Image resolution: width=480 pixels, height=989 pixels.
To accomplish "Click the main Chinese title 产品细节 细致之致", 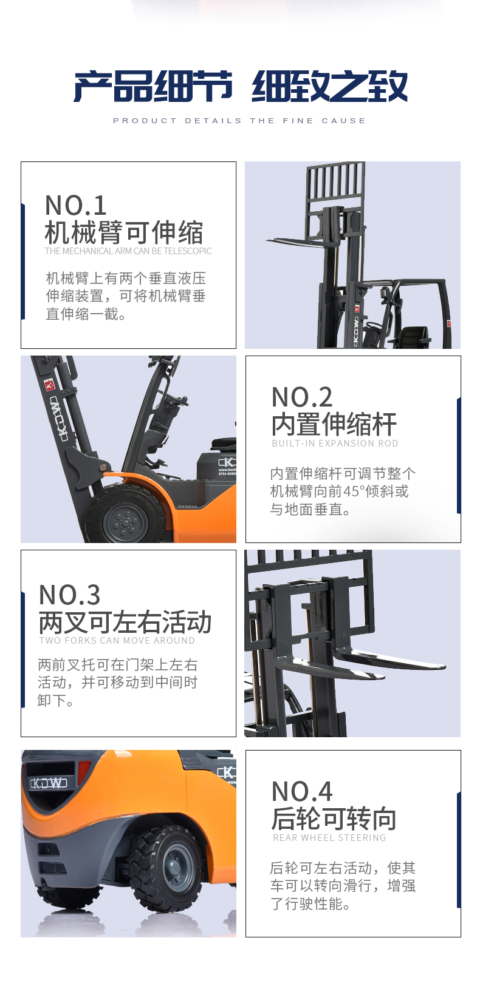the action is [x=241, y=86].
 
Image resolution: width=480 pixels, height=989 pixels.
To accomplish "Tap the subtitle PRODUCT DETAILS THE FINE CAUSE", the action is [x=239, y=121].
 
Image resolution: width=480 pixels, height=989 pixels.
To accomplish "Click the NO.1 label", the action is [x=75, y=205].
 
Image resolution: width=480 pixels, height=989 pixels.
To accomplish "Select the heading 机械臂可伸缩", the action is [x=124, y=232].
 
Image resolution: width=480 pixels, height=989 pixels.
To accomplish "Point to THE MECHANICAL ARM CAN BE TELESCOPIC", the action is [x=128, y=251].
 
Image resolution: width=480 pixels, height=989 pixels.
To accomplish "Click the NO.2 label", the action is [x=302, y=397].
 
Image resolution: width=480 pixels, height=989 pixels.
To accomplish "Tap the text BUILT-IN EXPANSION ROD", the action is [x=335, y=444].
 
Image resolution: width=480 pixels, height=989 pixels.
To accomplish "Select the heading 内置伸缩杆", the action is [x=334, y=424].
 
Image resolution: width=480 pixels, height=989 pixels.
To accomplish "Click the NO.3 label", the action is [x=69, y=595].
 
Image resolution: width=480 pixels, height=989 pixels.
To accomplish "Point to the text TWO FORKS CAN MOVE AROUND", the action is [x=117, y=641].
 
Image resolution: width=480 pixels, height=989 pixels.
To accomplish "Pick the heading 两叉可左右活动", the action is [x=125, y=622].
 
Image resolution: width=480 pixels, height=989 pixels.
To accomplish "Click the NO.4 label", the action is [x=302, y=791].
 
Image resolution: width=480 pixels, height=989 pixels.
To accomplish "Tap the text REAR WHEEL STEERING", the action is [x=329, y=837].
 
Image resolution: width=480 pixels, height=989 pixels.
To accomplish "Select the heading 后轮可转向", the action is [x=334, y=818].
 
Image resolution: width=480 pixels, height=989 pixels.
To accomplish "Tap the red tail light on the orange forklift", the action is [x=83, y=772].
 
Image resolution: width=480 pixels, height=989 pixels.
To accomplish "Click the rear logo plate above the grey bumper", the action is [x=49, y=783].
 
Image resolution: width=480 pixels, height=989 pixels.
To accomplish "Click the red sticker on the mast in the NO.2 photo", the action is [x=49, y=385].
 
